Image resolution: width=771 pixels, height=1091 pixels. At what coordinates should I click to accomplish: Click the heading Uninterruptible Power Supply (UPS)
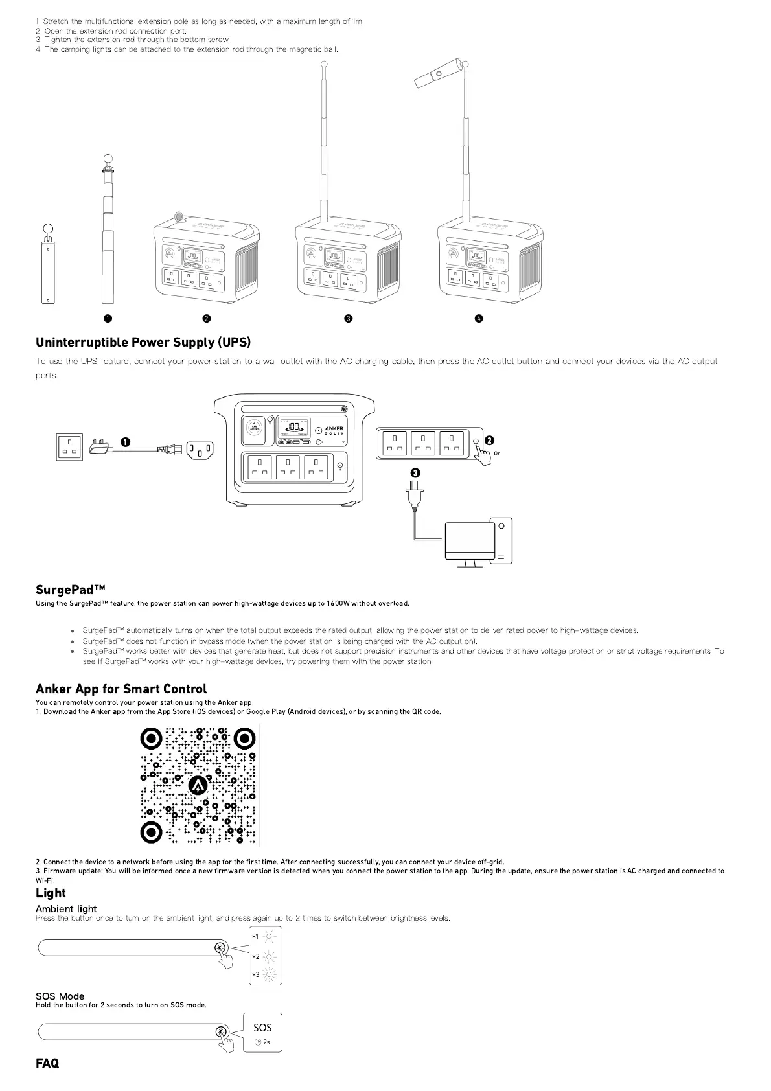tap(143, 342)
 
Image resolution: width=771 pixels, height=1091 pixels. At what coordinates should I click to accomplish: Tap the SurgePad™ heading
tap(70, 590)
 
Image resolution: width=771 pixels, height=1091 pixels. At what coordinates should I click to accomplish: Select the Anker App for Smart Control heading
tap(121, 689)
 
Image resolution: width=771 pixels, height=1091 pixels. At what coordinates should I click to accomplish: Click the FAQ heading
tap(47, 1063)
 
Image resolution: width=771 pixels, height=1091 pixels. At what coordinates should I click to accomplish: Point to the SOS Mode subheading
tap(60, 996)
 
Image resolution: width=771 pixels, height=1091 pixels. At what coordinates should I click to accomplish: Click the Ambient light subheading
tap(66, 908)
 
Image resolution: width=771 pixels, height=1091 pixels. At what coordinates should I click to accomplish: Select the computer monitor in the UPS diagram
tap(469, 541)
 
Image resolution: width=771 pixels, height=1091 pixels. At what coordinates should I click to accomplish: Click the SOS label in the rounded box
tap(262, 1028)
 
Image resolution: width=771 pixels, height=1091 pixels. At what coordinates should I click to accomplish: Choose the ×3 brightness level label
tap(255, 975)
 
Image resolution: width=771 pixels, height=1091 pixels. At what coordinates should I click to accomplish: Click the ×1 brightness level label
tap(255, 937)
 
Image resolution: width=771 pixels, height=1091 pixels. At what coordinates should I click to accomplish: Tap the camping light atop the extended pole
tap(437, 75)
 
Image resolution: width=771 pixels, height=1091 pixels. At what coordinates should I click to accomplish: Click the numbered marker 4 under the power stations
tap(479, 318)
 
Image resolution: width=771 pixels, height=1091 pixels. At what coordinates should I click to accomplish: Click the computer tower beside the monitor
tap(501, 541)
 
